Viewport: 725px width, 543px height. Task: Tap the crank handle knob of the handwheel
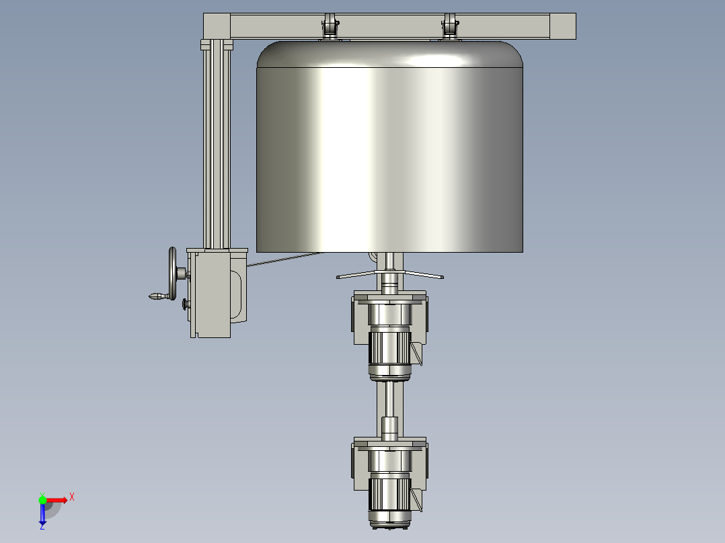155,296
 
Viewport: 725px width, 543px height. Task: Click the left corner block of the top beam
217,26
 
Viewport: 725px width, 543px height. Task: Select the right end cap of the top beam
563,26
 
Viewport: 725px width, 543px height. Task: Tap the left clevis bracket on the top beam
330,28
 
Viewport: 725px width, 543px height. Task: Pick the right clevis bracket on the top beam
449,28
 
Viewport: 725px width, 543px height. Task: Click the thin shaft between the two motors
389,400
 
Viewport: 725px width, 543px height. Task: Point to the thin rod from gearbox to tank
282,259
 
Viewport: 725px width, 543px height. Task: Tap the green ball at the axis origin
42,499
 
